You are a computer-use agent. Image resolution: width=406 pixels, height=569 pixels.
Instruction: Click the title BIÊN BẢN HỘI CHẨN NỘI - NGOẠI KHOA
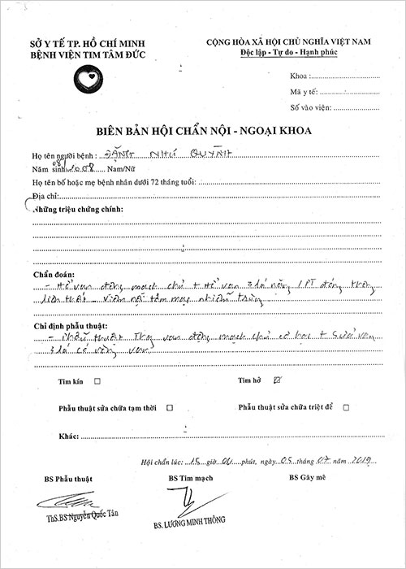(x=201, y=131)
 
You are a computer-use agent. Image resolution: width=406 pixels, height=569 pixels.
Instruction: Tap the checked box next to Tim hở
(x=278, y=380)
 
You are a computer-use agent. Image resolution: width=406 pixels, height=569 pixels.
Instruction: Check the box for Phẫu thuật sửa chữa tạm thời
(x=168, y=406)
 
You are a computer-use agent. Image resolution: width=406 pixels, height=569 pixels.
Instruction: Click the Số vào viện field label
(x=310, y=107)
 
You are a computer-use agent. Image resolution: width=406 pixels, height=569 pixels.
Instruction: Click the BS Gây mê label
(x=308, y=478)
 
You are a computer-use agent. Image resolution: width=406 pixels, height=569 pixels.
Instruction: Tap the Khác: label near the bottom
(x=69, y=436)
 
